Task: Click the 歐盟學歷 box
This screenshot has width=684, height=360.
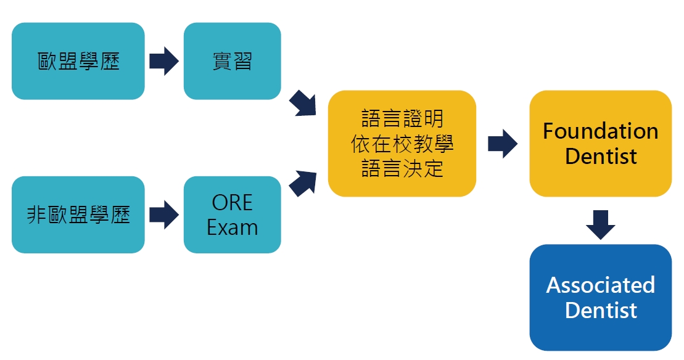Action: click(x=78, y=61)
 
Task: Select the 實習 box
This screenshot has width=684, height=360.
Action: click(x=232, y=61)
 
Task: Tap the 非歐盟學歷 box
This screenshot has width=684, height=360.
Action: click(x=78, y=215)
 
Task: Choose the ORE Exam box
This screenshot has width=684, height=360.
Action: click(x=232, y=215)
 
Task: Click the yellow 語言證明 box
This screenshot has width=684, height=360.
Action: click(x=402, y=144)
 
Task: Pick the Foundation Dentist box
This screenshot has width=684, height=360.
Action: click(x=600, y=144)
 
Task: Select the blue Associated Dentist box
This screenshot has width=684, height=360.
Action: click(x=600, y=298)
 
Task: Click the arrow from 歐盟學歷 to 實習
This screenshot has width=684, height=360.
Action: click(x=163, y=61)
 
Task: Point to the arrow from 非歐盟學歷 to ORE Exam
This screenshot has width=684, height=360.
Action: click(x=163, y=215)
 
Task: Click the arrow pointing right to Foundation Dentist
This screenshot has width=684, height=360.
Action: click(x=502, y=144)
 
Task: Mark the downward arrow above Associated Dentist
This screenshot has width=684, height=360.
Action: click(x=600, y=224)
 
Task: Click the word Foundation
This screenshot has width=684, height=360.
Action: click(x=600, y=131)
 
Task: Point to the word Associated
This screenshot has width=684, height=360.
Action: click(x=600, y=285)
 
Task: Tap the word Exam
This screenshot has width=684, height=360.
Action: click(x=232, y=227)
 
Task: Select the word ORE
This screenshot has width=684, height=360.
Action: click(x=232, y=203)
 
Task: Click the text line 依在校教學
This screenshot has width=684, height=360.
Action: click(x=402, y=144)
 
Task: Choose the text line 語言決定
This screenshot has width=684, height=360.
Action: click(x=402, y=168)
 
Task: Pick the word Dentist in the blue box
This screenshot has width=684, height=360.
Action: click(x=600, y=310)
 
